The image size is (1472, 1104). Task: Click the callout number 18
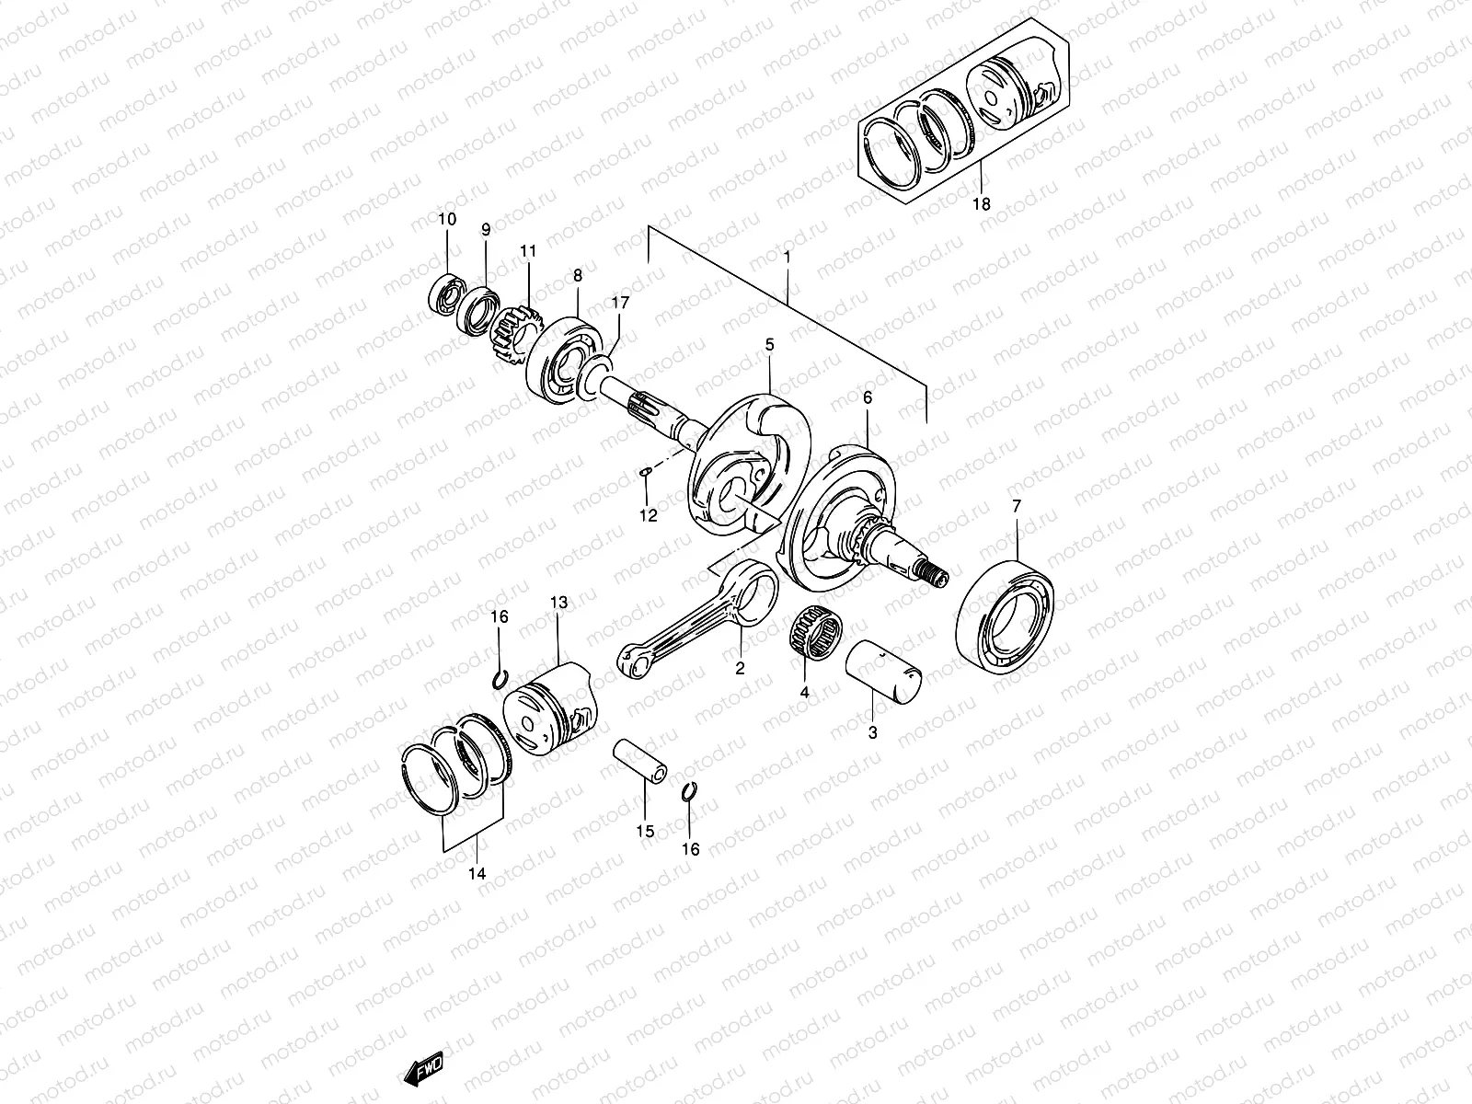click(982, 204)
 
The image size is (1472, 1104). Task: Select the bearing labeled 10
click(448, 293)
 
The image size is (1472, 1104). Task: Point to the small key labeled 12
click(647, 473)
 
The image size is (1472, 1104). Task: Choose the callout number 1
click(788, 258)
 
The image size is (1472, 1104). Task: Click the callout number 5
click(769, 345)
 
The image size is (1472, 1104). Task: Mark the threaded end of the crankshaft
click(936, 577)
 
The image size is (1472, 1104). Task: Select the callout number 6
click(867, 397)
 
